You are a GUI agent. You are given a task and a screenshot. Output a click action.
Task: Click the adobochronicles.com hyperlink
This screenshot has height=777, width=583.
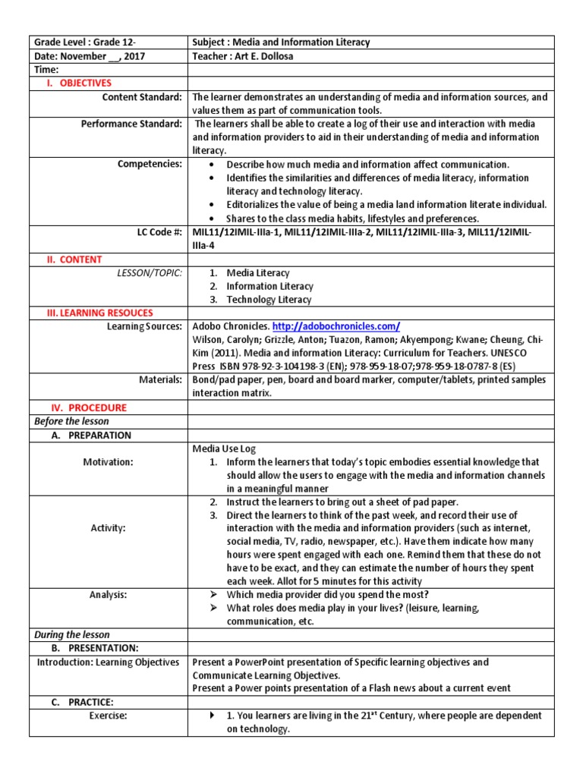pyautogui.click(x=336, y=326)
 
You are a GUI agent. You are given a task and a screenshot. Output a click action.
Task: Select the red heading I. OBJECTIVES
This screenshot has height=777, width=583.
pyautogui.click(x=80, y=83)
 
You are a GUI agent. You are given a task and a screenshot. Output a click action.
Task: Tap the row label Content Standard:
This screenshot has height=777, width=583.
pyautogui.click(x=142, y=97)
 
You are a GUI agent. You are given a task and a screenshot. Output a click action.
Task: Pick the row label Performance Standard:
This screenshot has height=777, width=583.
pyautogui.click(x=131, y=124)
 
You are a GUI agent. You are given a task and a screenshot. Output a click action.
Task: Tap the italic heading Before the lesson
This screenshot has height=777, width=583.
pyautogui.click(x=71, y=421)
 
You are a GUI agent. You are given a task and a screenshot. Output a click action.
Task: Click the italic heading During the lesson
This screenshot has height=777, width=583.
pyautogui.click(x=71, y=634)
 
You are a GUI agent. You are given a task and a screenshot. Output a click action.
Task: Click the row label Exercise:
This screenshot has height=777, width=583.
pyautogui.click(x=108, y=716)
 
